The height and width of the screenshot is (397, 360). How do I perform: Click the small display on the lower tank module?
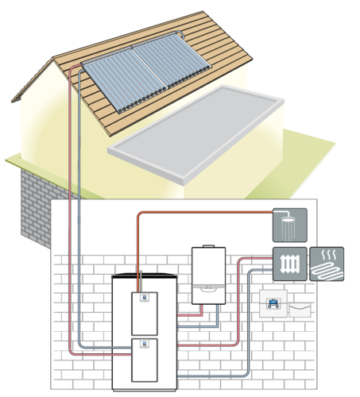(144, 345)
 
